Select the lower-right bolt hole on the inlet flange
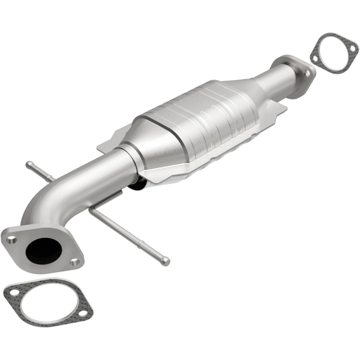click(x=75, y=261)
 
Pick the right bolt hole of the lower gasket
click(x=84, y=310)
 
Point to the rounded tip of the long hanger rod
click(x=166, y=260)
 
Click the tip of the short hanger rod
click(x=29, y=164)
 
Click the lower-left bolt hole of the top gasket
click(x=316, y=58)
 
